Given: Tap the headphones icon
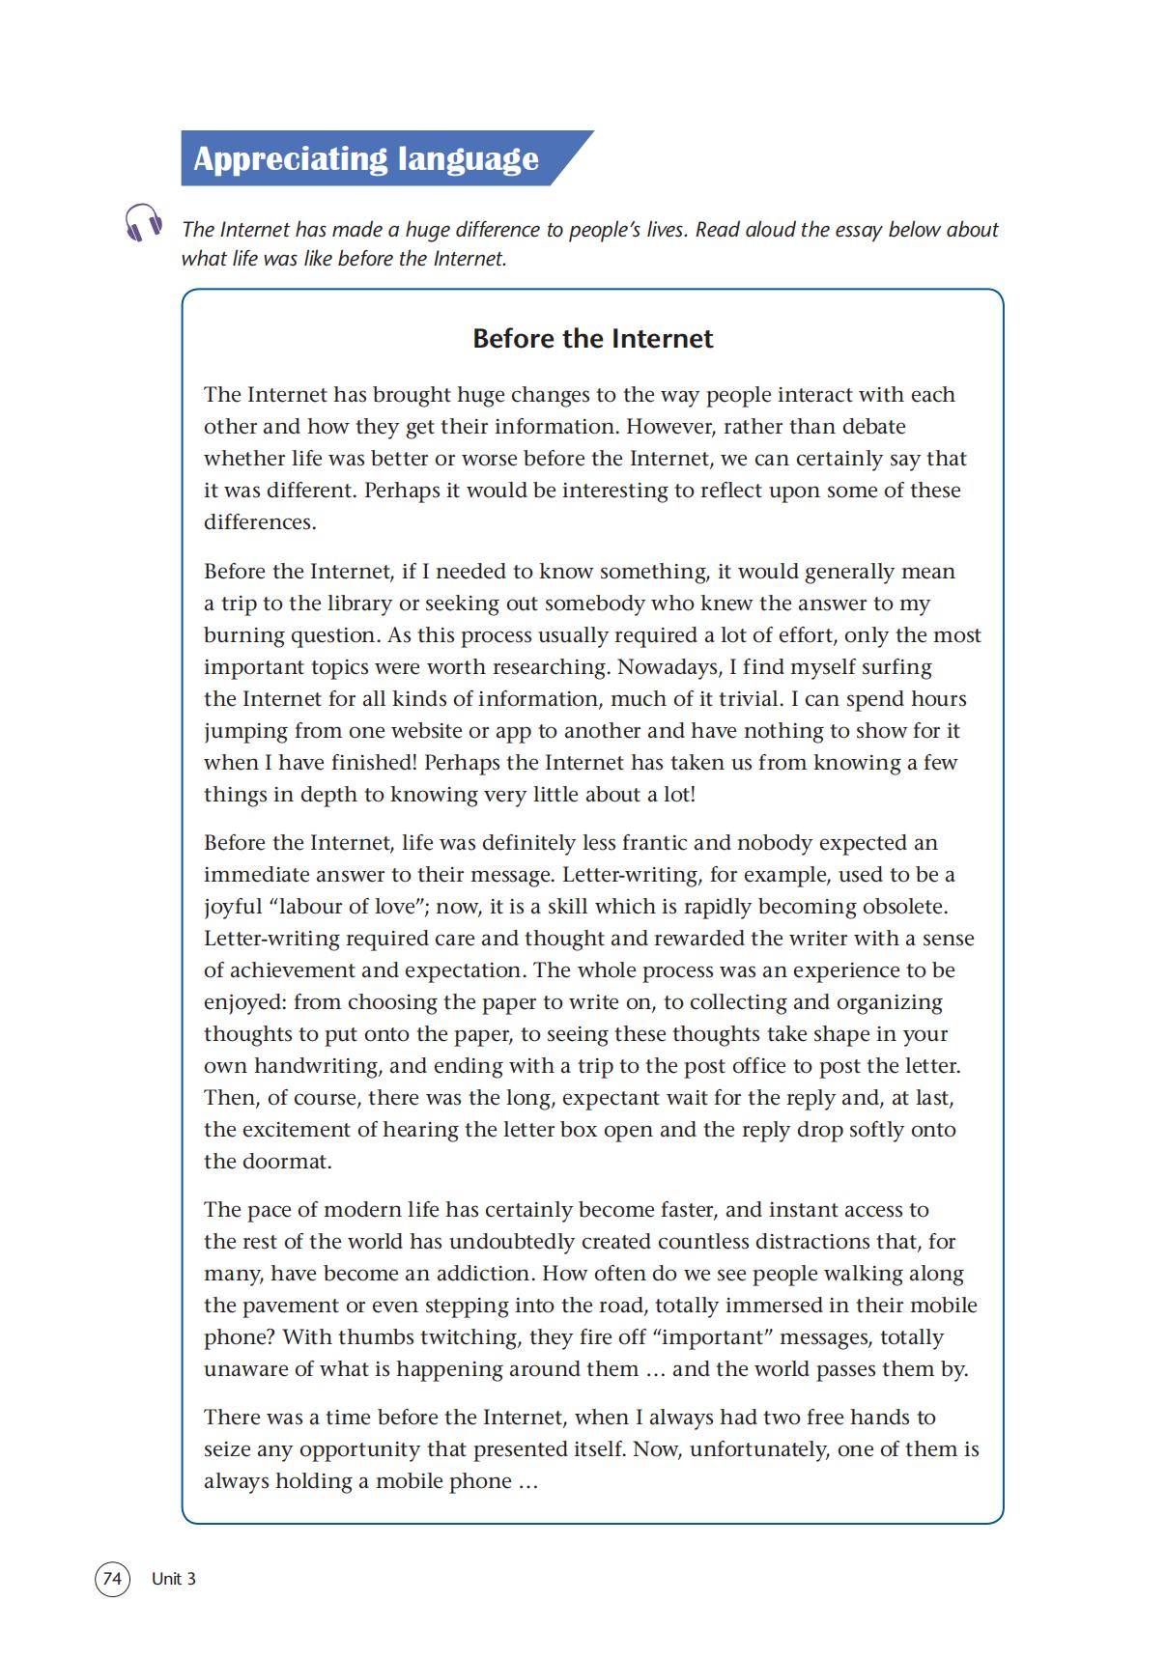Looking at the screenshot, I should pos(143,223).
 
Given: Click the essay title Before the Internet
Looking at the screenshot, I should pos(592,339).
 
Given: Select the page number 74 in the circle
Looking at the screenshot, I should pos(112,1579).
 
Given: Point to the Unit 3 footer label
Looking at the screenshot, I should pos(174,1579).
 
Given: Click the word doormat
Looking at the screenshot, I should pos(286,1162).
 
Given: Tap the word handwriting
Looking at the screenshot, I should pos(318,1066).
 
